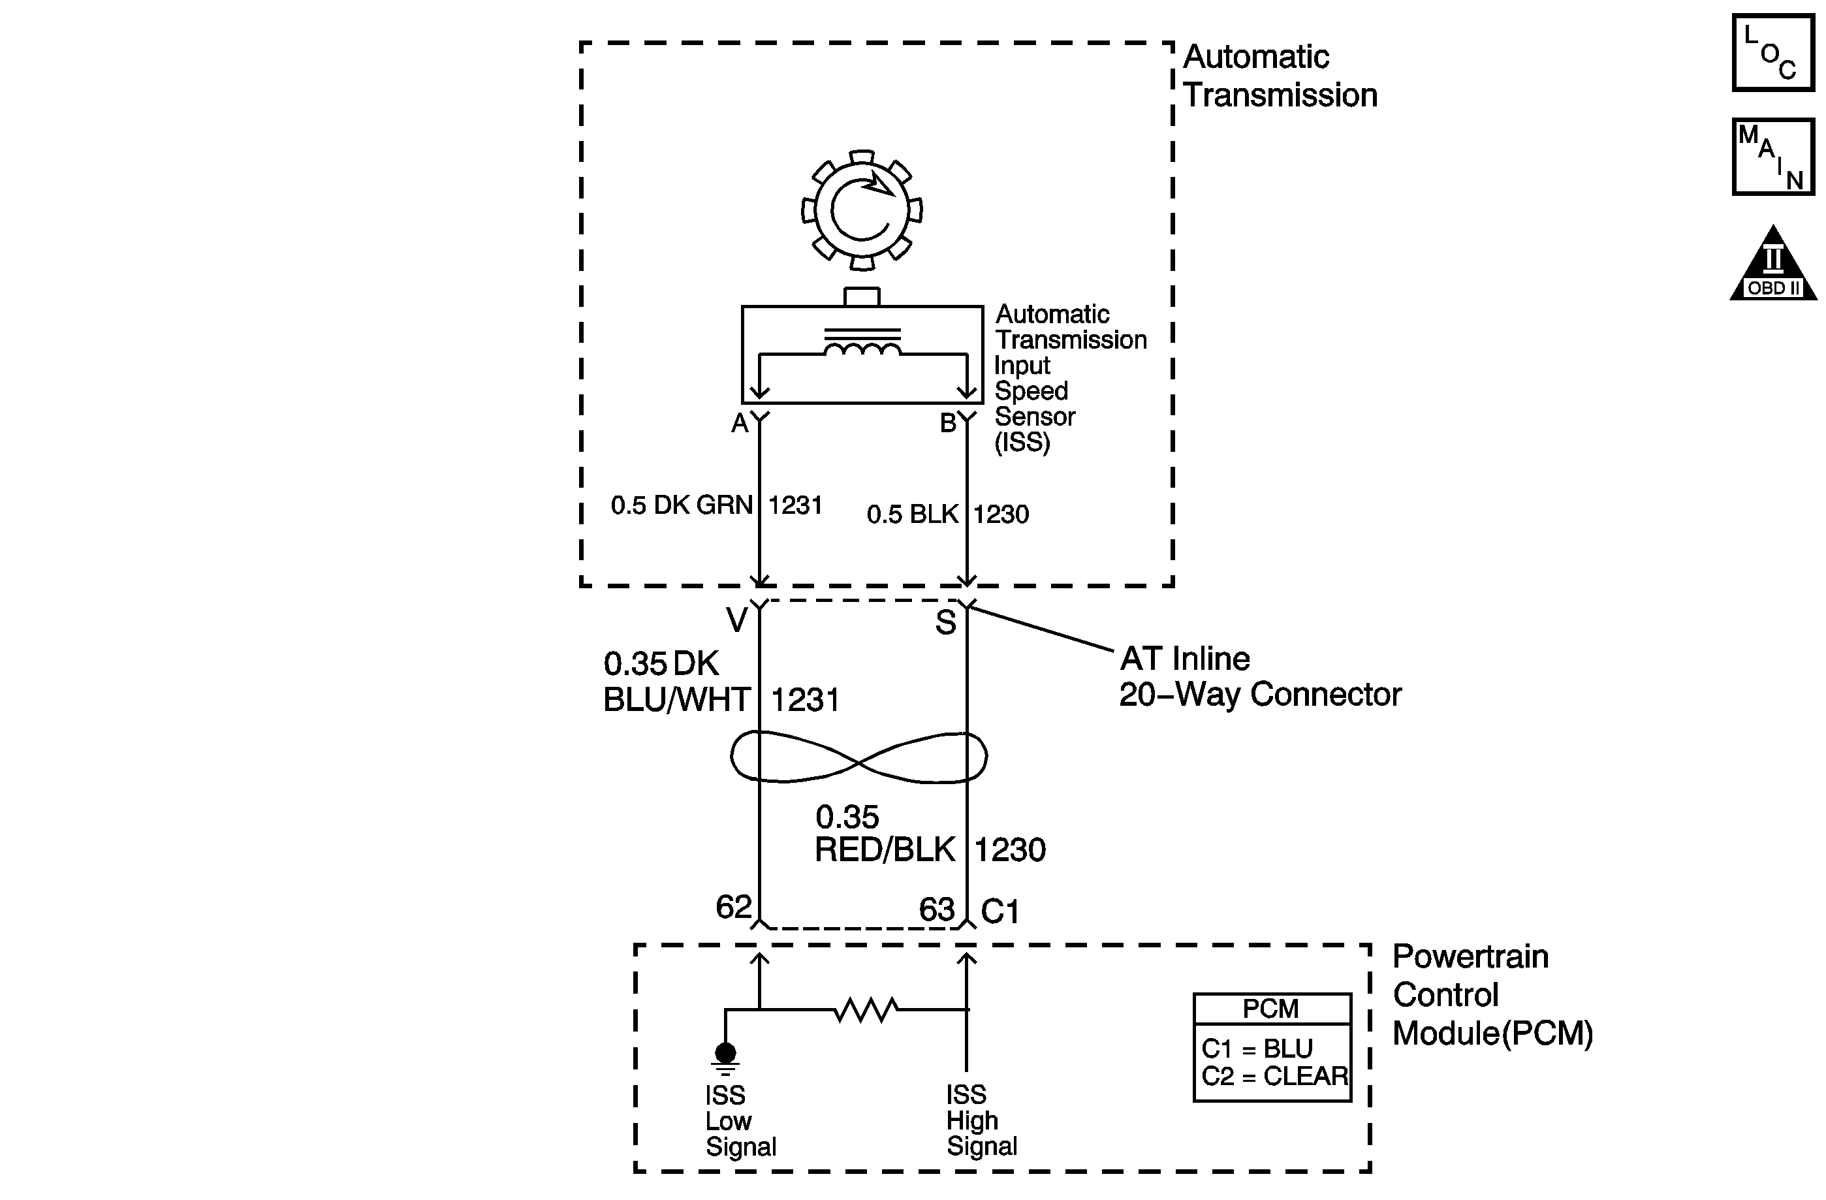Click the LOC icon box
click(1773, 53)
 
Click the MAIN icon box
click(1773, 157)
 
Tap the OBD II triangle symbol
click(1773, 262)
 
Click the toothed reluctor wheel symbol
click(862, 210)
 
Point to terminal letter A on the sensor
click(739, 424)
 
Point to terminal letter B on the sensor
click(949, 424)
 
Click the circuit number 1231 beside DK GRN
click(796, 505)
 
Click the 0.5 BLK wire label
click(912, 514)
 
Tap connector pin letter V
click(736, 620)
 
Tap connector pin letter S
click(945, 622)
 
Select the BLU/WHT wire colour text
click(677, 700)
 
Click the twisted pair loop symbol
click(858, 757)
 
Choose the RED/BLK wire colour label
click(885, 850)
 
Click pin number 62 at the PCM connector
click(734, 907)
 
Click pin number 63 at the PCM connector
click(937, 910)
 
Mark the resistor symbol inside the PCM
click(866, 1010)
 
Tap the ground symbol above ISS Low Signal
click(725, 1059)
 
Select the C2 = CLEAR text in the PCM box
click(1274, 1077)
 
